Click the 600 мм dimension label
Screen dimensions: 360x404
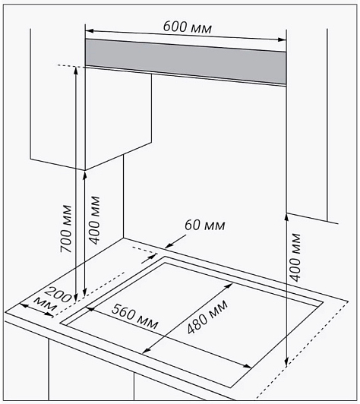pos(188,27)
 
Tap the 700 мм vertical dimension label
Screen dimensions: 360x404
pos(66,229)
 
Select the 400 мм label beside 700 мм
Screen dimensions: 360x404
pos(94,220)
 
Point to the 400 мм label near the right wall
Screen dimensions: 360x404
pos(295,257)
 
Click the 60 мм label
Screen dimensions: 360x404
pos(205,225)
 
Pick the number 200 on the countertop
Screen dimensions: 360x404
pos(58,294)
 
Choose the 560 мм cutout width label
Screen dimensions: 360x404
pos(134,317)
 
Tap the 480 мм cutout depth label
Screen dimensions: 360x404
pos(207,317)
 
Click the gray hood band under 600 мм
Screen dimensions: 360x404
pos(185,62)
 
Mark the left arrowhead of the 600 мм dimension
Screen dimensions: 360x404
pos(89,31)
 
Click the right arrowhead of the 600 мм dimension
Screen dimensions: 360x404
pos(283,39)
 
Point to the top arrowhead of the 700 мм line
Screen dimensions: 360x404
pos(75,71)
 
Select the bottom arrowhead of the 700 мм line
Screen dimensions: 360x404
pos(75,297)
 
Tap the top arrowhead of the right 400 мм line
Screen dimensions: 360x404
pos(286,217)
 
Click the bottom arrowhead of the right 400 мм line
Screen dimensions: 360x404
pos(286,361)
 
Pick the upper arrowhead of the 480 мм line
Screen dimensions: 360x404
pos(229,286)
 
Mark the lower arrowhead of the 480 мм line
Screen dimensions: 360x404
pos(147,351)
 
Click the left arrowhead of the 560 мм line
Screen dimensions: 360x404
pos(90,308)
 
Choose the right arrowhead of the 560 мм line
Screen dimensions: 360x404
pos(248,366)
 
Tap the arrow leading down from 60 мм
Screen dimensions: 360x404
pos(175,241)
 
